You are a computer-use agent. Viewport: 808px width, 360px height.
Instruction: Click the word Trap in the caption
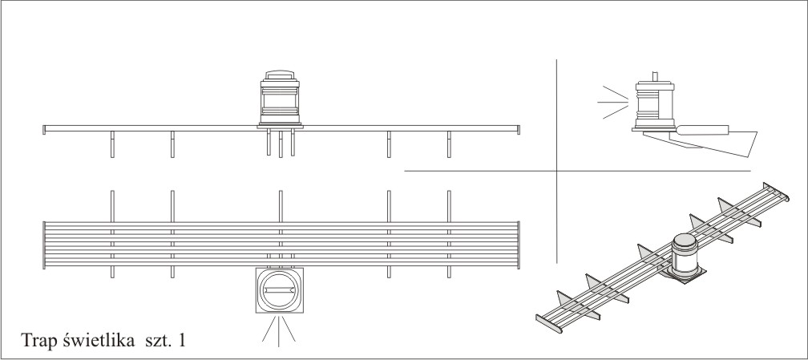(x=39, y=340)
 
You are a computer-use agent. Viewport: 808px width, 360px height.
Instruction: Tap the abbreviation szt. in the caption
(x=156, y=340)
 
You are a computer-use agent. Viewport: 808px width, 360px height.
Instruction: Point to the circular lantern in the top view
(x=280, y=289)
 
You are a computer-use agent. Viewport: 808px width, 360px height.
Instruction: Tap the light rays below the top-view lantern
(x=279, y=330)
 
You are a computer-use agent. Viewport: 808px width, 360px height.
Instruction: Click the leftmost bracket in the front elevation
(x=112, y=145)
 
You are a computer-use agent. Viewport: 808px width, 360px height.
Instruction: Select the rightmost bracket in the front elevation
(x=449, y=145)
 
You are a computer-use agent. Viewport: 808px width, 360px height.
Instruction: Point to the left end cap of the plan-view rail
(x=43, y=245)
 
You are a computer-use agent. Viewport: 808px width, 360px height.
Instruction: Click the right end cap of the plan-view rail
(x=518, y=245)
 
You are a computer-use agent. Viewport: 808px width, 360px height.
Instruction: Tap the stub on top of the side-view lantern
(x=655, y=76)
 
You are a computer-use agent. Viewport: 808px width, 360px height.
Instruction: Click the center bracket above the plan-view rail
(x=280, y=204)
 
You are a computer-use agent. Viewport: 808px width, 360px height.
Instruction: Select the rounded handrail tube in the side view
(x=702, y=128)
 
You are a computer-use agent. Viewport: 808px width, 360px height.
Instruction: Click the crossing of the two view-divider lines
(x=557, y=171)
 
